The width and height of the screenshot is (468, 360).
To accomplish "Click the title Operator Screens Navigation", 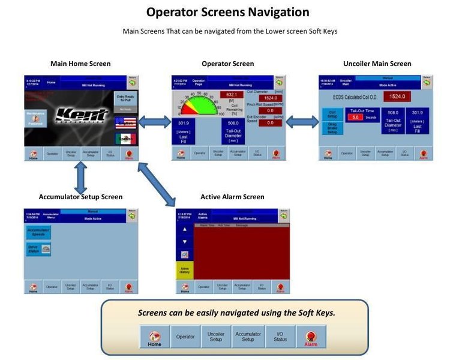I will (x=227, y=12).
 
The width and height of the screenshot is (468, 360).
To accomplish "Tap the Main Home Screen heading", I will (x=80, y=64).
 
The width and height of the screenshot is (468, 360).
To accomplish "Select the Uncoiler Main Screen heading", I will (x=377, y=64).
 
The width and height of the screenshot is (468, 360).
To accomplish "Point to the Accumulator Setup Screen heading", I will (x=80, y=197).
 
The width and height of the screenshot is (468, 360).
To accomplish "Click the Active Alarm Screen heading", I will (x=232, y=197).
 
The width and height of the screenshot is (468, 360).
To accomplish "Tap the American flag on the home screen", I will (x=125, y=123).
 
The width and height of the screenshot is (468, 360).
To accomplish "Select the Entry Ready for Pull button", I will (x=125, y=98).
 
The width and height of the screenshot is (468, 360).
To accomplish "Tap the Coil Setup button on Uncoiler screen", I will (x=331, y=113).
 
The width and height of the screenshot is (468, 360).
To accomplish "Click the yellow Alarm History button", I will (x=184, y=271).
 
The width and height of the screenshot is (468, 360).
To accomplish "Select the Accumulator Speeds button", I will (x=37, y=232).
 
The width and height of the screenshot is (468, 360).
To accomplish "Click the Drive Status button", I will (x=37, y=248).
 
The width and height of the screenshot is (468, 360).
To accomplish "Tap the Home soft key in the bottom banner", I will (x=155, y=337).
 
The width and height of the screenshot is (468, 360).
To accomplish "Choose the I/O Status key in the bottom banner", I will (x=279, y=337).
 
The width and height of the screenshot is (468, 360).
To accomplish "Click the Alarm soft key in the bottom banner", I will (x=310, y=337).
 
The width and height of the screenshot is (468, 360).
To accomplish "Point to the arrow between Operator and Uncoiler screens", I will (x=302, y=122).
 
